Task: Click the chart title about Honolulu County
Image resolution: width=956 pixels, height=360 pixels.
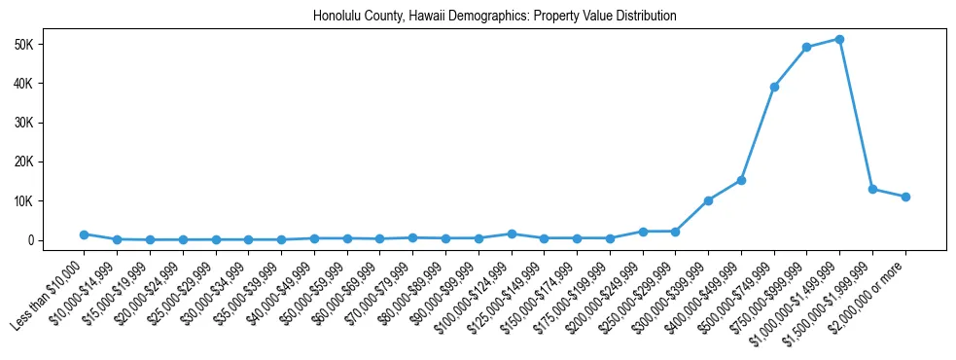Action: [494, 17]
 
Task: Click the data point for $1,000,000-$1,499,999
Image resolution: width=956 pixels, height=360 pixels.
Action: [839, 39]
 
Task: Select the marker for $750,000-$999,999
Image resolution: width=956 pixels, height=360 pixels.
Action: [806, 47]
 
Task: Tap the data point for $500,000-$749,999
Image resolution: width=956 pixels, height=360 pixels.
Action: [774, 87]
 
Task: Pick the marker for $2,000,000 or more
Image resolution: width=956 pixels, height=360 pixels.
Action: [905, 197]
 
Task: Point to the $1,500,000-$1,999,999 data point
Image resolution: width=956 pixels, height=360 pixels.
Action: [872, 189]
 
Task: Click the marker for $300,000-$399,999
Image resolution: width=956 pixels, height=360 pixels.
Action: [708, 200]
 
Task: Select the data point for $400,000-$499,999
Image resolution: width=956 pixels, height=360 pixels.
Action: [741, 180]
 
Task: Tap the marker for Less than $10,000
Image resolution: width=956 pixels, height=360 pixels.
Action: [84, 234]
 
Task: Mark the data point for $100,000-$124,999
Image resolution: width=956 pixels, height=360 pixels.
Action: [512, 234]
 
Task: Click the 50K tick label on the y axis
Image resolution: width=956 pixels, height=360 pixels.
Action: [24, 45]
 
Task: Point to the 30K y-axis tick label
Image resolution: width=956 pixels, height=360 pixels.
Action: [24, 123]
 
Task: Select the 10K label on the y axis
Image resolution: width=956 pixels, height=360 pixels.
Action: [24, 201]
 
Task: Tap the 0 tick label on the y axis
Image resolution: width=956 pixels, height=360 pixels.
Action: [30, 240]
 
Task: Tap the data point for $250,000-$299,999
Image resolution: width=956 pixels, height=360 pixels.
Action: [675, 232]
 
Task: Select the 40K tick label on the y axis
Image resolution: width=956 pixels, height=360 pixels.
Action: [24, 84]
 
